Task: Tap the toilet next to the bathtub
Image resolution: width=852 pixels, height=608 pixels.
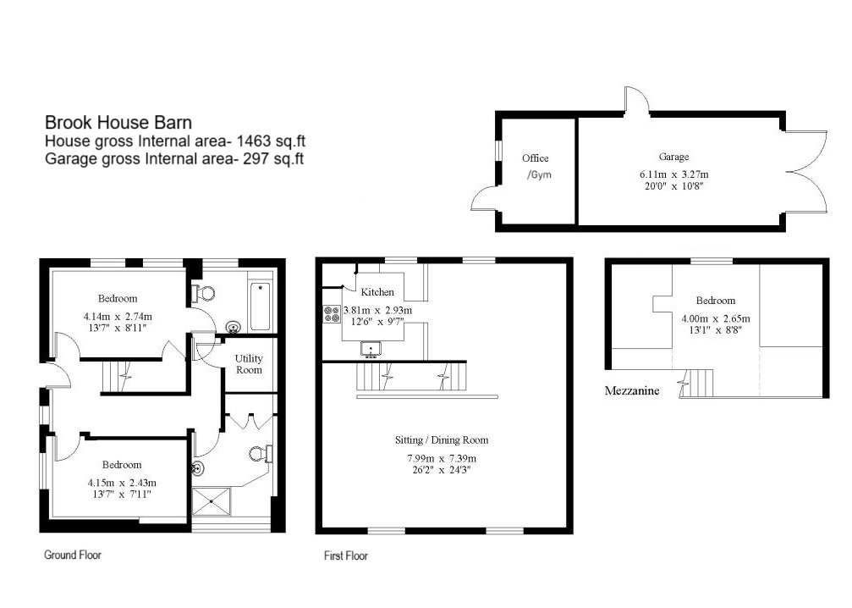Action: pyautogui.click(x=203, y=293)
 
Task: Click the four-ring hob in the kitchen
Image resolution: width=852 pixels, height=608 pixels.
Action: pyautogui.click(x=331, y=314)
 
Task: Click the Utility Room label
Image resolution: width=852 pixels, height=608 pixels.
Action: pyautogui.click(x=249, y=364)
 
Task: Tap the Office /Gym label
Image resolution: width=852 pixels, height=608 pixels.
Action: pyautogui.click(x=536, y=166)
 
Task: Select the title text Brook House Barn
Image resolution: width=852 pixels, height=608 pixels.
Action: pyautogui.click(x=118, y=122)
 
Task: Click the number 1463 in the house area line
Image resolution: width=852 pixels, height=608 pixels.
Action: pyautogui.click(x=253, y=141)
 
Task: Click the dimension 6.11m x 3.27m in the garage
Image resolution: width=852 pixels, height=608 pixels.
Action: pyautogui.click(x=675, y=174)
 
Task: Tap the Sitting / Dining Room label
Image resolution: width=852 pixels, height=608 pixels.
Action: pyautogui.click(x=442, y=440)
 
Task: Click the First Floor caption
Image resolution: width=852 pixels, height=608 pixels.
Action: pyautogui.click(x=346, y=556)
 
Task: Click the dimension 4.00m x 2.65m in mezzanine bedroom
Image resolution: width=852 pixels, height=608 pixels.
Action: pyautogui.click(x=716, y=318)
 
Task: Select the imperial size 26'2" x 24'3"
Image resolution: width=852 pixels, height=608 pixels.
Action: pyautogui.click(x=442, y=470)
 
